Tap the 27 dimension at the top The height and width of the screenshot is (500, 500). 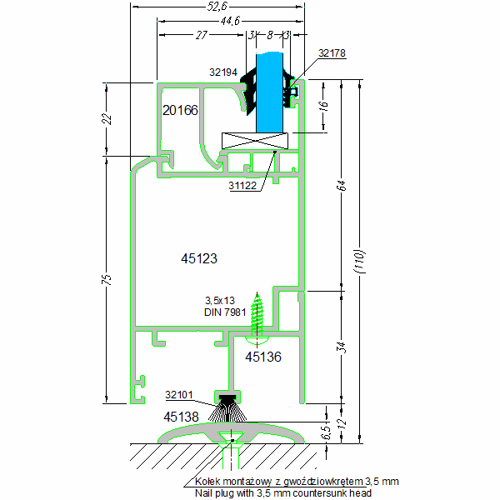pyautogui.click(x=200, y=36)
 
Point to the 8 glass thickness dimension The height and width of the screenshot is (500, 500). pyautogui.click(x=270, y=36)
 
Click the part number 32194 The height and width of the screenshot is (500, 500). pyautogui.click(x=224, y=72)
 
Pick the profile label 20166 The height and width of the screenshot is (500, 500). pyautogui.click(x=180, y=110)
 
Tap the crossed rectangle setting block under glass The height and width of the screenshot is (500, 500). pyautogui.click(x=254, y=142)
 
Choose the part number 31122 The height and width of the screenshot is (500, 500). pyautogui.click(x=243, y=186)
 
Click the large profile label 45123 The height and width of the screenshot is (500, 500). pyautogui.click(x=199, y=259)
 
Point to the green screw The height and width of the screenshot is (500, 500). pyautogui.click(x=258, y=317)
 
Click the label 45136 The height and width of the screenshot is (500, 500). pyautogui.click(x=262, y=356)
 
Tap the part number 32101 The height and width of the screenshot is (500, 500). pyautogui.click(x=180, y=395)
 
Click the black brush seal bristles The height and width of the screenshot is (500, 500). pyautogui.click(x=226, y=409)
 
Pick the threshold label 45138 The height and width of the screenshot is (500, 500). pyautogui.click(x=181, y=416)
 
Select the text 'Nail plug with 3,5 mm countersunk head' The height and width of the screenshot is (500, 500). pyautogui.click(x=282, y=492)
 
